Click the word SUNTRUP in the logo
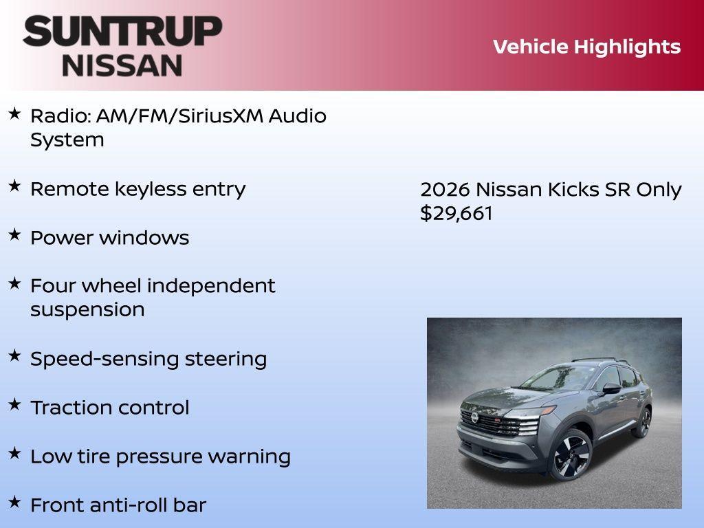[122, 31]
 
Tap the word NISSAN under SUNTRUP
[122, 65]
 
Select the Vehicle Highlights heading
[586, 47]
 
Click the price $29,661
[456, 213]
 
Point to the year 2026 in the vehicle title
[445, 189]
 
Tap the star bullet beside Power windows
[14, 234]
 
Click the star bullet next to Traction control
[14, 404]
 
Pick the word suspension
[87, 309]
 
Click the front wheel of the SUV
[571, 454]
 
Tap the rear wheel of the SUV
[643, 421]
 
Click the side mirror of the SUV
[611, 389]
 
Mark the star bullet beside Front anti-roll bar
[14, 502]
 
